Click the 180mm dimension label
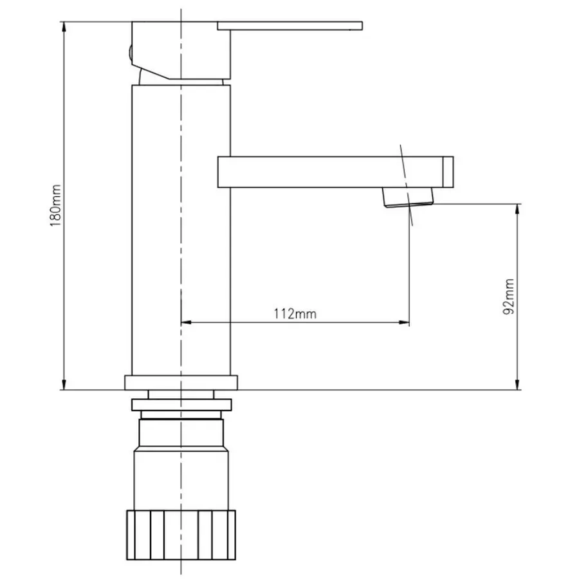[x=56, y=205]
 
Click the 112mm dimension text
[x=295, y=314]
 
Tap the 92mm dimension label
[x=509, y=297]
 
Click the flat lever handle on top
[x=289, y=26]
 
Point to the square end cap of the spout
[x=448, y=172]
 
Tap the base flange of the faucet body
[x=181, y=383]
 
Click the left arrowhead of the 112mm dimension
[x=187, y=322]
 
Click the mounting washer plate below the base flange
[x=181, y=405]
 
